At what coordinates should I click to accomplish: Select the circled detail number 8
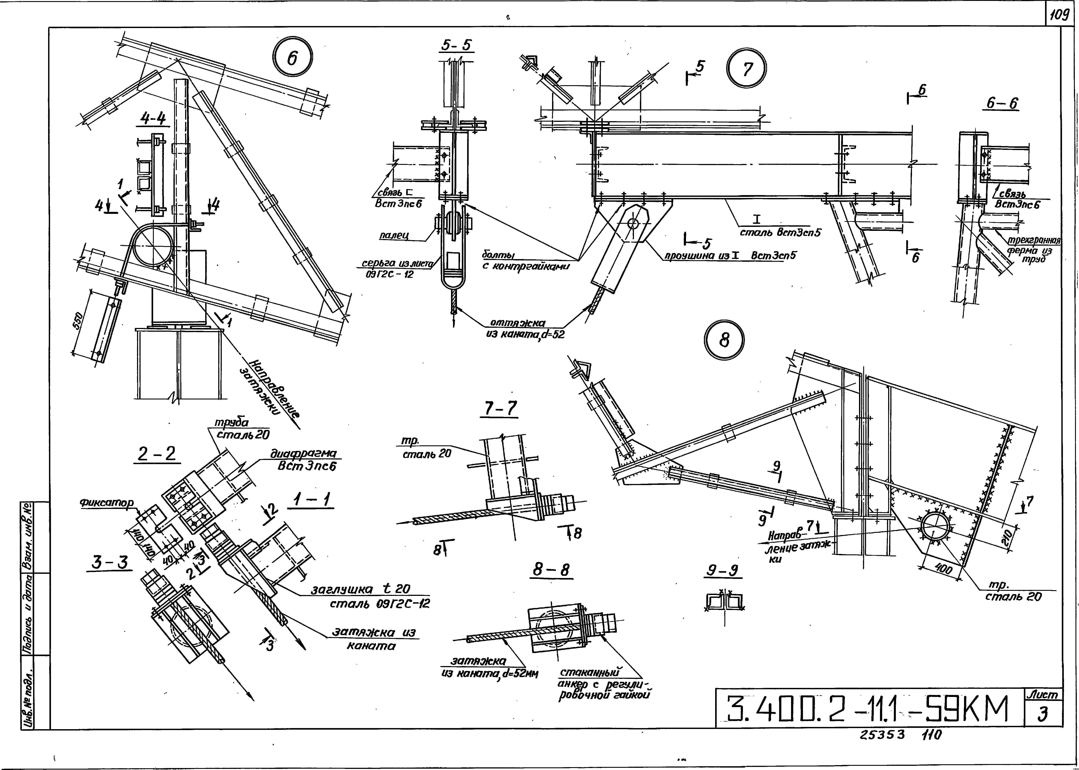[724, 340]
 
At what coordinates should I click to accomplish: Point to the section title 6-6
[1002, 103]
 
